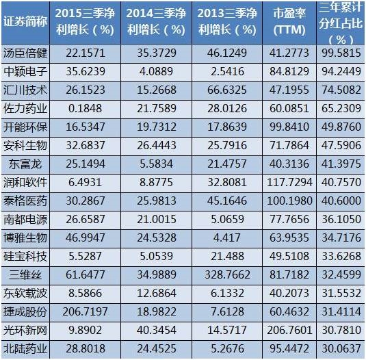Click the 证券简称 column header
click(25, 21)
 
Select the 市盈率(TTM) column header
click(289, 21)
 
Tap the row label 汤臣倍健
click(25, 53)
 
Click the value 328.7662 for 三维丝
click(227, 274)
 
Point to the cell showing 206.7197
click(86, 311)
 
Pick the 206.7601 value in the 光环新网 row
click(289, 330)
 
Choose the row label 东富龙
click(25, 164)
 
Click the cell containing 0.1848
click(86, 109)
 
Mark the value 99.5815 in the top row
click(341, 53)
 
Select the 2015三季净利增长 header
click(86, 21)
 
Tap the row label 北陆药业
click(25, 349)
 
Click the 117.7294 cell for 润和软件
click(289, 182)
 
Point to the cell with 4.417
click(227, 237)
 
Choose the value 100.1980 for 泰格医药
click(289, 201)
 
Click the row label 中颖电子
click(25, 71)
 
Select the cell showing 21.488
click(227, 257)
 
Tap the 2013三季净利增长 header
click(227, 21)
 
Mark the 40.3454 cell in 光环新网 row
click(157, 330)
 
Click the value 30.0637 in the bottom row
click(341, 349)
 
